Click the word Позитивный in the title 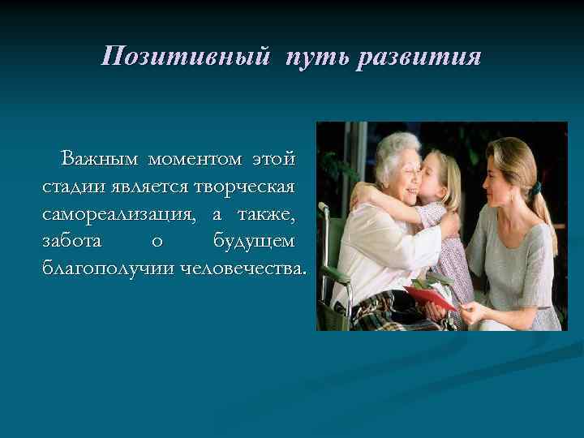pos(187,58)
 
